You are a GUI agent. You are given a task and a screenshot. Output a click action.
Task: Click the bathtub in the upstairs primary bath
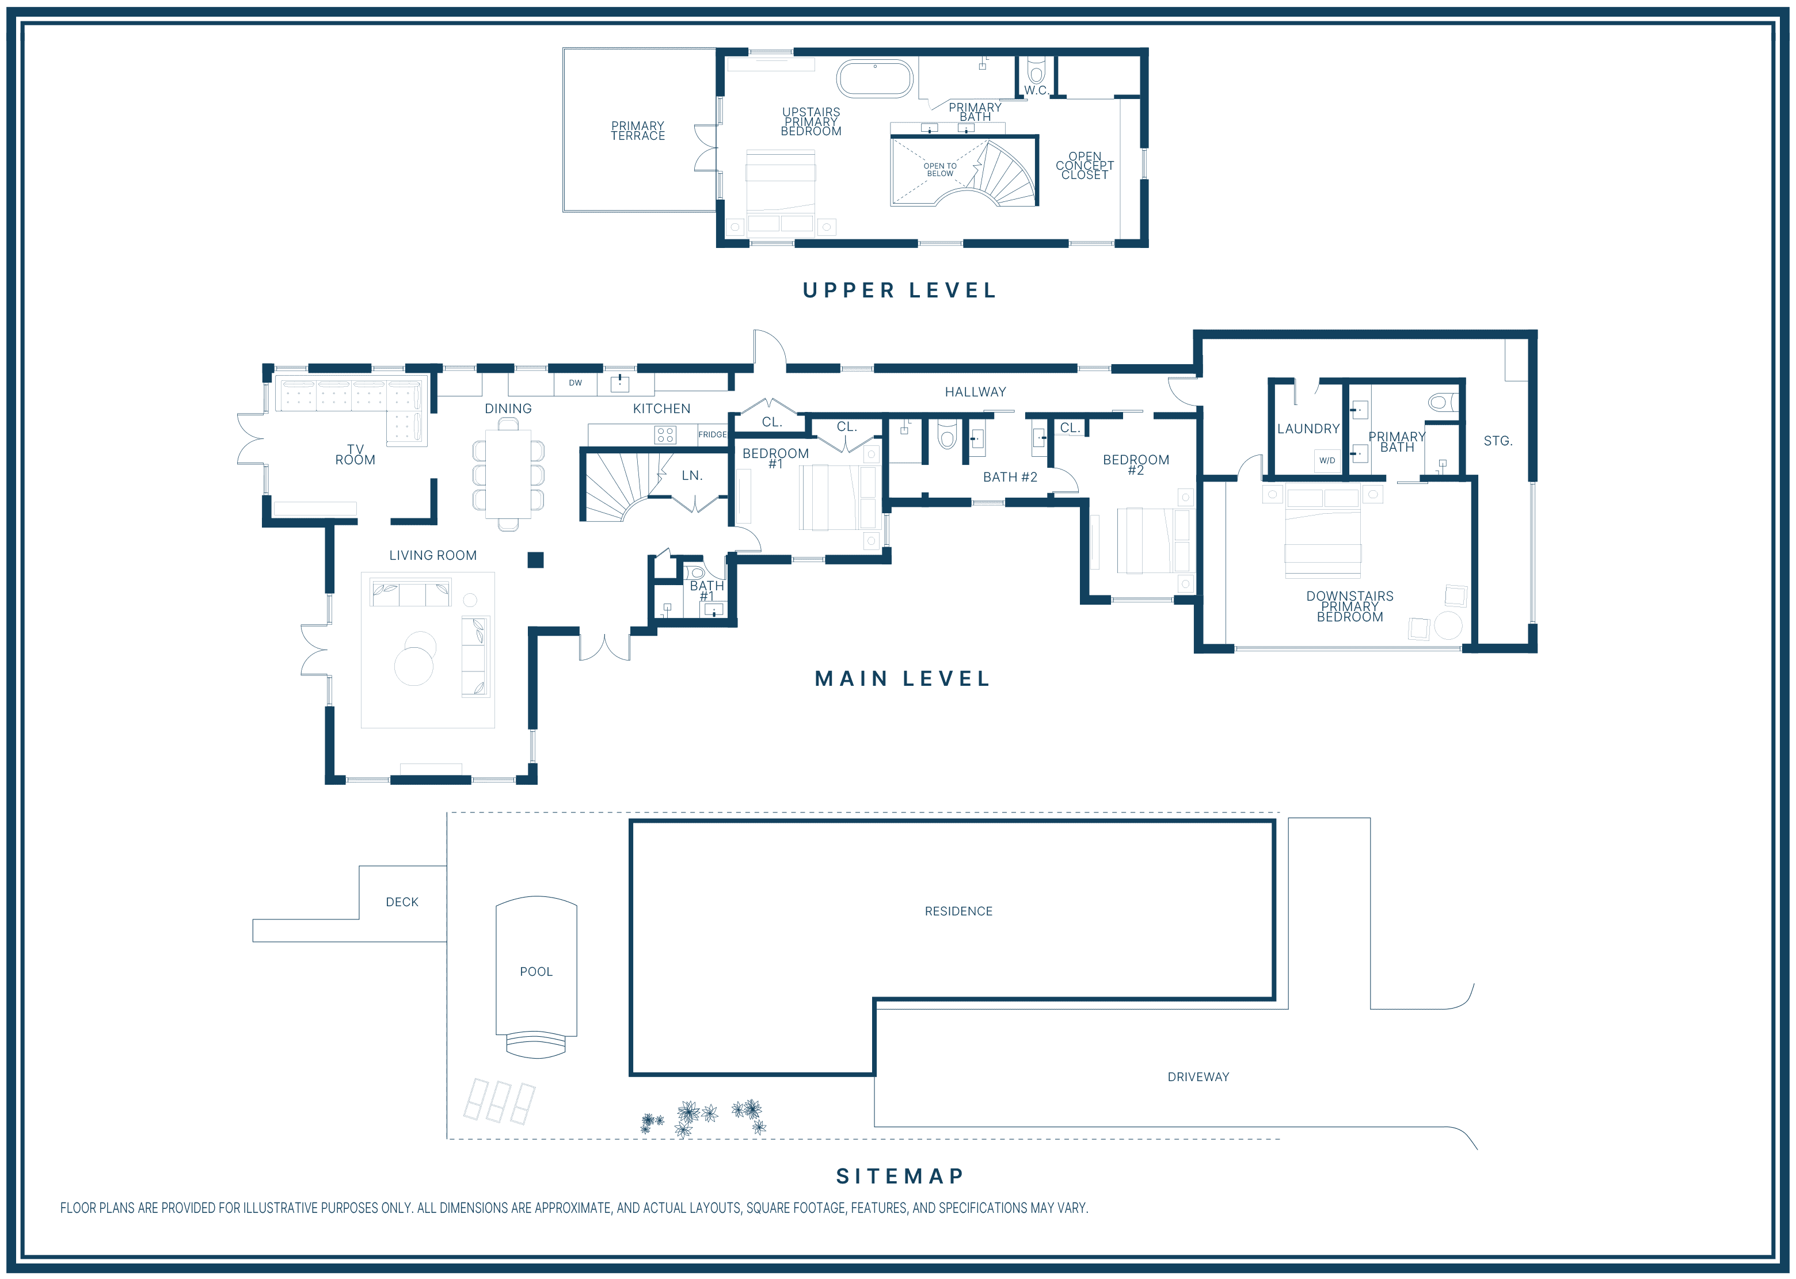click(x=874, y=79)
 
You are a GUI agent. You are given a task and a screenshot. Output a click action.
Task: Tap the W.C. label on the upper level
click(x=1036, y=90)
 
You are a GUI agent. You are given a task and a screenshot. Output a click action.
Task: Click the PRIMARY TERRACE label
click(x=638, y=131)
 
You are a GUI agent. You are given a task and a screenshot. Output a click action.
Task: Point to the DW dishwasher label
click(x=576, y=383)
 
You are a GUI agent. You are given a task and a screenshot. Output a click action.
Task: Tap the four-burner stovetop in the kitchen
click(x=665, y=435)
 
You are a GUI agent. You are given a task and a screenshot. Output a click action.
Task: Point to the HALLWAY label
click(x=975, y=391)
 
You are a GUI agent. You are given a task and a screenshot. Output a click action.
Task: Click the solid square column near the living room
click(x=536, y=560)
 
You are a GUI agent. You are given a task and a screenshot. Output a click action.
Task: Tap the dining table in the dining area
click(x=508, y=474)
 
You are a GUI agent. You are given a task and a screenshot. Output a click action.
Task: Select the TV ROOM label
click(x=355, y=455)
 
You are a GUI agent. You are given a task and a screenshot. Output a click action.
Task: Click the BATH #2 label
click(x=1010, y=478)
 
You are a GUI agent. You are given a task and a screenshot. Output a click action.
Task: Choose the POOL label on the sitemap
click(x=536, y=972)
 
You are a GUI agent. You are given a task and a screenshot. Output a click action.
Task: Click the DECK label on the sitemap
click(x=402, y=902)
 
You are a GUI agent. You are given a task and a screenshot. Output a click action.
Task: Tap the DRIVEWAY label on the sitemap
click(x=1198, y=1076)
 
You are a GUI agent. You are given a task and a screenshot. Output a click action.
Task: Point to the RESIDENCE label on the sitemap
click(x=958, y=911)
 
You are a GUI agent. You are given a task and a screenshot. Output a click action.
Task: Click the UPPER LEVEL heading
click(x=900, y=291)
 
